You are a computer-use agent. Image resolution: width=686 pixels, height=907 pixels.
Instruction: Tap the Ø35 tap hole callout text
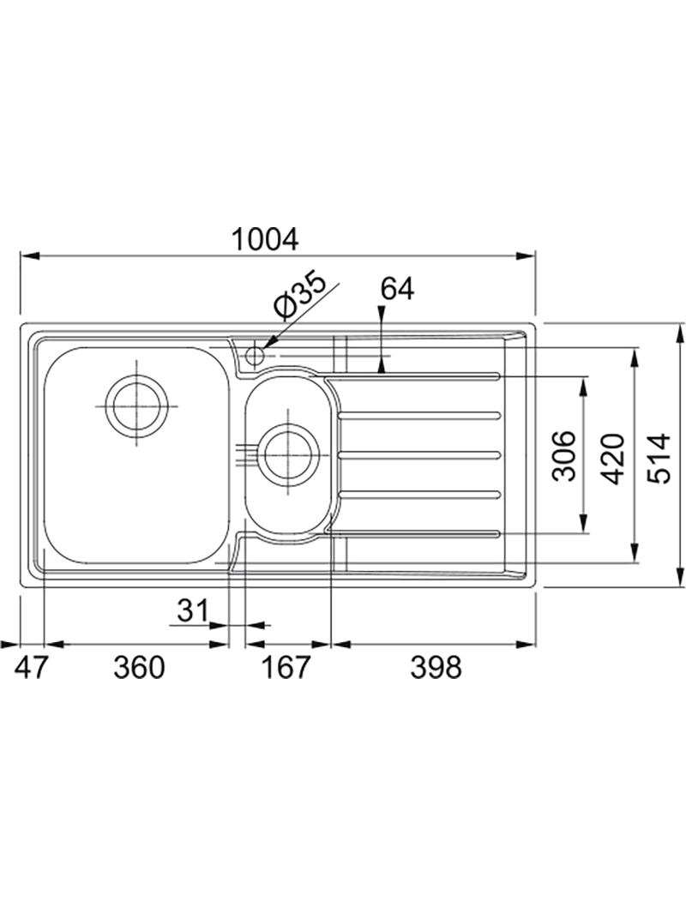[301, 294]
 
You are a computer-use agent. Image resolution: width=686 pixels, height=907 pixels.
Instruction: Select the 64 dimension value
[397, 289]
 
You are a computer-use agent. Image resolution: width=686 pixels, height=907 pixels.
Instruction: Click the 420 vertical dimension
[612, 459]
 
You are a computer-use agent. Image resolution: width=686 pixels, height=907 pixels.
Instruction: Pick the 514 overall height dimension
[660, 458]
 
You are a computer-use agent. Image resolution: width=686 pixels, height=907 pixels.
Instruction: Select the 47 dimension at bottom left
[30, 668]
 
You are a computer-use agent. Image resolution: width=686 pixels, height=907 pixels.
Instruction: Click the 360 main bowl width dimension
[140, 668]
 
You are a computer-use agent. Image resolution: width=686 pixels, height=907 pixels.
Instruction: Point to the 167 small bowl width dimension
[286, 668]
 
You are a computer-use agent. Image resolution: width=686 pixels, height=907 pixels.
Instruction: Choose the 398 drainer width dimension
[436, 668]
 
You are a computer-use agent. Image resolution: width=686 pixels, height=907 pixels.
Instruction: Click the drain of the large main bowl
[138, 405]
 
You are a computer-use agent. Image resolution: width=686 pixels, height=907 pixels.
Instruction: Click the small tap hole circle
[255, 355]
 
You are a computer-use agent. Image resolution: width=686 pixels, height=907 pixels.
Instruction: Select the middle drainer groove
[418, 455]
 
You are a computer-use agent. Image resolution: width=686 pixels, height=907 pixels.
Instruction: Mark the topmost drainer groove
[412, 376]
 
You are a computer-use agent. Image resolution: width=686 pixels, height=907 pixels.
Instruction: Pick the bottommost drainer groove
[412, 533]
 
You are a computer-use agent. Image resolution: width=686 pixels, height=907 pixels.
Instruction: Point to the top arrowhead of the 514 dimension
[680, 333]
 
